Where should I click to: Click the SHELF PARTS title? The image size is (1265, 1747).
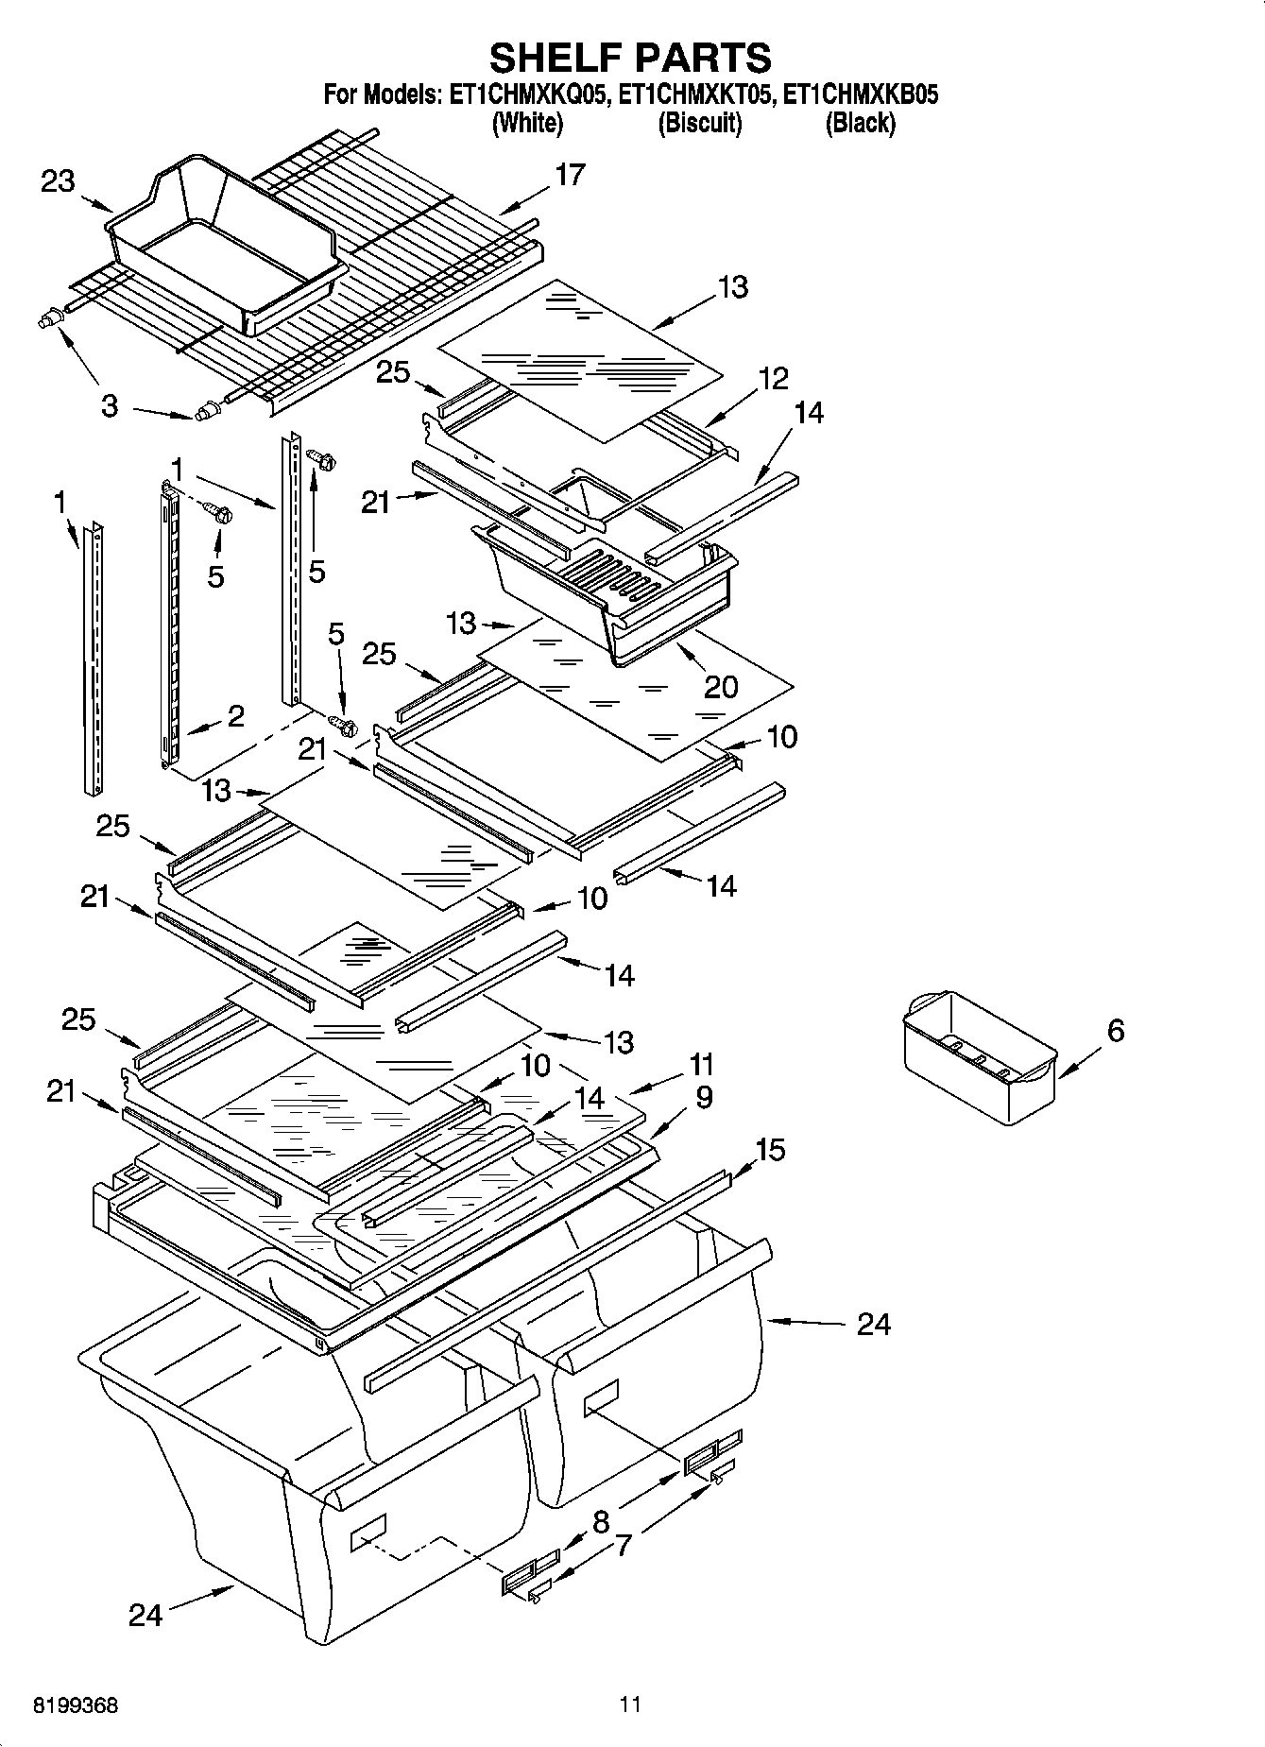click(630, 58)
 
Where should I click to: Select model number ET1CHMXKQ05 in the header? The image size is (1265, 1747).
click(527, 94)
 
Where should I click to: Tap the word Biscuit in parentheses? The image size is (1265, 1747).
click(699, 123)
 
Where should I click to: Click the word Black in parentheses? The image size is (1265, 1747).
click(860, 123)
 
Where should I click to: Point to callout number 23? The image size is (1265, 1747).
click(58, 181)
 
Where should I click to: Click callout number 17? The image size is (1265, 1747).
click(570, 175)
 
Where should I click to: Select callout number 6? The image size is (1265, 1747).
click(1115, 1030)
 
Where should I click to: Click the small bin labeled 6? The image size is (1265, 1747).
click(978, 1058)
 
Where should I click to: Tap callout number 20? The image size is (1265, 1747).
click(721, 686)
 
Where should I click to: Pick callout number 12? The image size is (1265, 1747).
click(773, 379)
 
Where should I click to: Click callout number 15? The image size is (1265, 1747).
click(769, 1150)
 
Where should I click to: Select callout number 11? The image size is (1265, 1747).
click(700, 1065)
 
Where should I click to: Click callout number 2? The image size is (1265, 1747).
click(235, 715)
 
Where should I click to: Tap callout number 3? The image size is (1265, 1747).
click(110, 407)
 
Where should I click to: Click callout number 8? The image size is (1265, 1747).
click(601, 1521)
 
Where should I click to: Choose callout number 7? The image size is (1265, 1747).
click(624, 1546)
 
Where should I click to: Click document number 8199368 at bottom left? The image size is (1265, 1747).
click(76, 1705)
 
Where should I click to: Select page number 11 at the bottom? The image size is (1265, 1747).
click(630, 1704)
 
